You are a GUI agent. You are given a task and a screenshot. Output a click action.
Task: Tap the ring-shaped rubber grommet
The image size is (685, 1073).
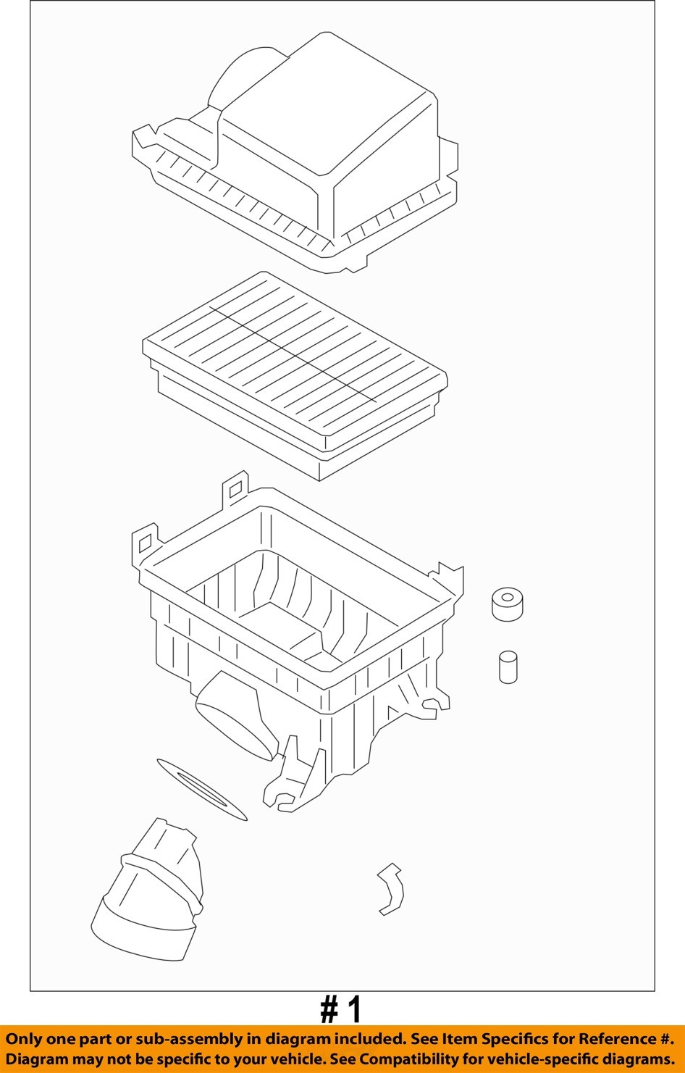pos(507,604)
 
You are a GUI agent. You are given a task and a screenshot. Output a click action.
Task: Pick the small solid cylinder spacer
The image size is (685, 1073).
pos(508,667)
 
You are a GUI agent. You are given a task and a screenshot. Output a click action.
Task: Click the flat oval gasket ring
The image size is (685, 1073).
pos(201,790)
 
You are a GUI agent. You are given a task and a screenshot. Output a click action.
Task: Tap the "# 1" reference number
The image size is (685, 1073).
pos(341,1009)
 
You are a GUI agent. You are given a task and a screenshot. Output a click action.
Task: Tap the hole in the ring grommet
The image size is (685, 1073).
pos(507,598)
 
